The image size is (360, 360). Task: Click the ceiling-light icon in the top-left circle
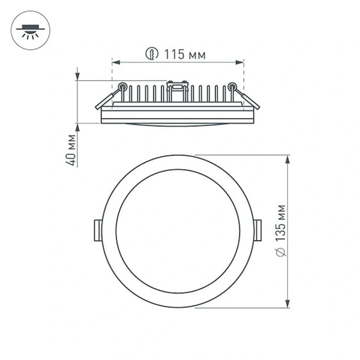(x=28, y=30)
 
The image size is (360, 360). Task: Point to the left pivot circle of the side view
(x=122, y=86)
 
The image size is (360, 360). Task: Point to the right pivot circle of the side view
(x=232, y=86)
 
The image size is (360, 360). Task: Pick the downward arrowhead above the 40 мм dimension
(x=77, y=76)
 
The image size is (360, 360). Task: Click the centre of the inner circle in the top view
(x=178, y=231)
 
